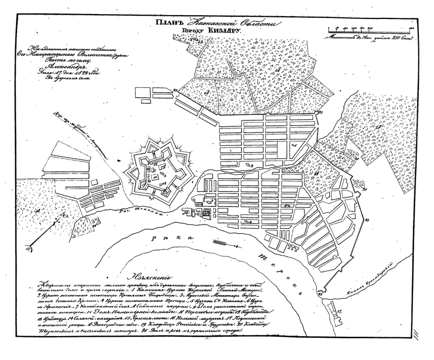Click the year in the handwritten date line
tap(88, 76)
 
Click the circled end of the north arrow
tap(28, 247)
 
